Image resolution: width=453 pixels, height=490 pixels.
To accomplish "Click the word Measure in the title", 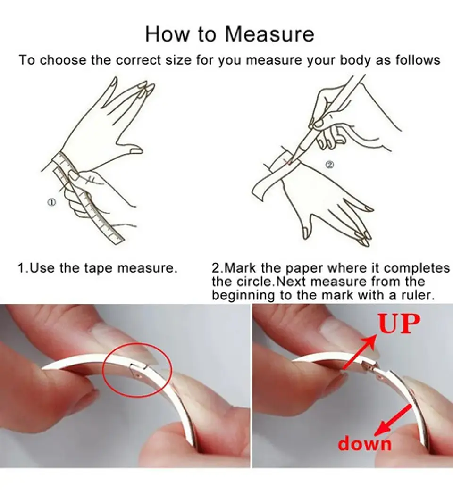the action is (269, 34).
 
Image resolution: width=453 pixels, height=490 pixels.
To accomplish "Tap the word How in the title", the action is (167, 34).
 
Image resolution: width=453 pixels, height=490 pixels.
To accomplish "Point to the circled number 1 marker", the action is (52, 202).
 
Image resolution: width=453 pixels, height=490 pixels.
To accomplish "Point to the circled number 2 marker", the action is (330, 165).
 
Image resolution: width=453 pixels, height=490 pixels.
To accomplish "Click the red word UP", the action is (399, 324).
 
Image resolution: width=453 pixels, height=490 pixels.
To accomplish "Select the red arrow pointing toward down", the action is (393, 420).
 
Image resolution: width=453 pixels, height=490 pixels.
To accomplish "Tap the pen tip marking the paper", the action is (290, 162).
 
